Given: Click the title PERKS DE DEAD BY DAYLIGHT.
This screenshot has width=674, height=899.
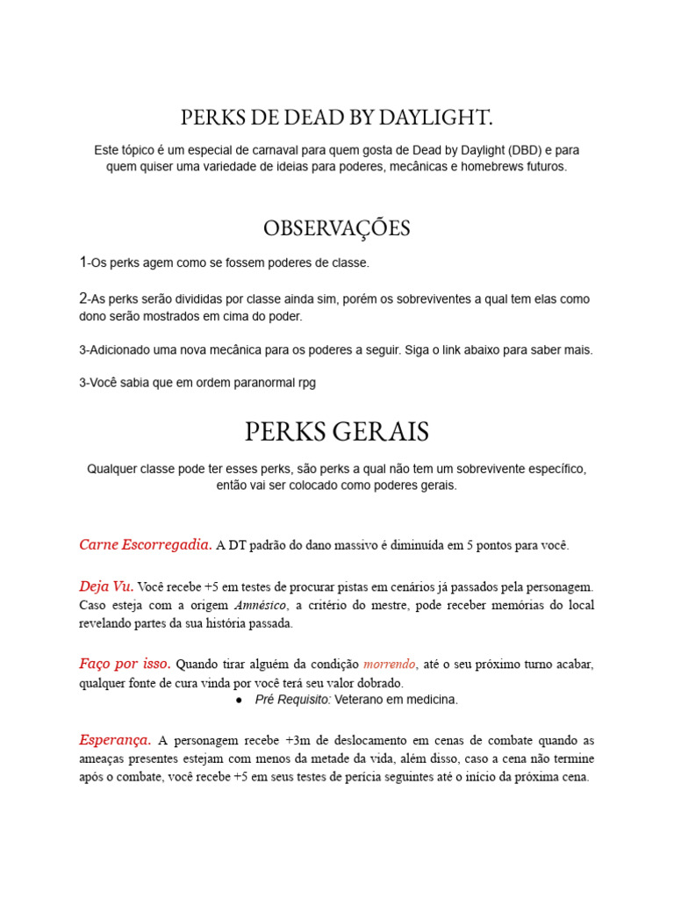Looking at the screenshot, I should (x=337, y=118).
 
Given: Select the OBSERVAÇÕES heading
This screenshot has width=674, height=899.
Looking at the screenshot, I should (x=337, y=228).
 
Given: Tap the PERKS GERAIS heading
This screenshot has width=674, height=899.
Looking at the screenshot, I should (x=337, y=431).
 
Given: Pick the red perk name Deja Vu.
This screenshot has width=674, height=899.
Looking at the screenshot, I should (x=106, y=586).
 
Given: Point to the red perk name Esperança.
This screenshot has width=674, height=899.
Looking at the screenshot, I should (x=115, y=739).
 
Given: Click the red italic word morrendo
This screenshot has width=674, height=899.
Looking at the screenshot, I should (x=391, y=665).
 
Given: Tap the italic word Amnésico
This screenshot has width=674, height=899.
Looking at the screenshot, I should (x=261, y=606).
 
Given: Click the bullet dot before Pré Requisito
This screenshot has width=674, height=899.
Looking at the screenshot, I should (x=240, y=700).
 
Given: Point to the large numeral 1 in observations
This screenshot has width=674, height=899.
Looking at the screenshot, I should (x=82, y=262).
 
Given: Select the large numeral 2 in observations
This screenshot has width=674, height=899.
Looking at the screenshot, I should (x=82, y=298).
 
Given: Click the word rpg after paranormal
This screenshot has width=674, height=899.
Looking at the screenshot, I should (x=305, y=382).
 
